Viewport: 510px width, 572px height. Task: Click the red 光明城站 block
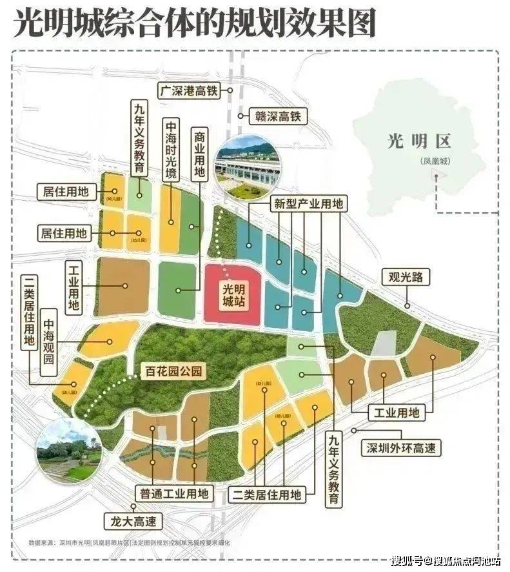[x=234, y=294]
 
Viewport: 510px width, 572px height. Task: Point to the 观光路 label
[x=409, y=278]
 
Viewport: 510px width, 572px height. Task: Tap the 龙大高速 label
[x=133, y=520]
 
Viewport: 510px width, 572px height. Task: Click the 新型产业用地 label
[x=308, y=204]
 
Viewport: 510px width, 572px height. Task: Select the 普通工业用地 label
[x=174, y=494]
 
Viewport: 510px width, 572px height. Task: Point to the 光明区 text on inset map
[x=420, y=141]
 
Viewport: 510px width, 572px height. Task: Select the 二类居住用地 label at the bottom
[x=266, y=495]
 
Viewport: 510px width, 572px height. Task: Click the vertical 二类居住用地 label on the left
[x=29, y=312]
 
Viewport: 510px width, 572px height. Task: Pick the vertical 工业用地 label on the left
[x=73, y=287]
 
